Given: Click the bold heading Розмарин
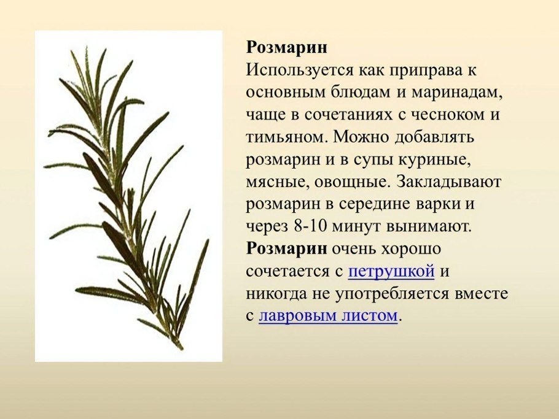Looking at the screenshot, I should tap(286, 48).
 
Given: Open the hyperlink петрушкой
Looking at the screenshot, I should tap(391, 271).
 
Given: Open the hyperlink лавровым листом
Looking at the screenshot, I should tap(328, 316).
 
